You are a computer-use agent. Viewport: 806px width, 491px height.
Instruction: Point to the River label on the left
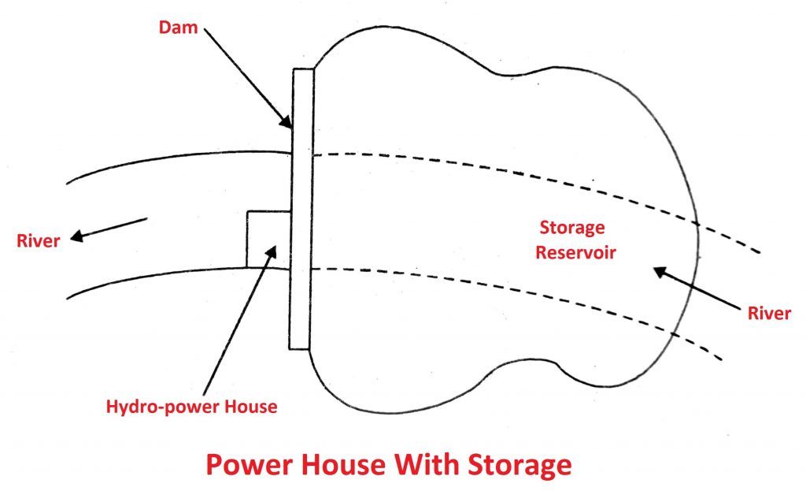click(39, 240)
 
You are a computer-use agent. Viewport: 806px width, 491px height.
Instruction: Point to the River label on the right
click(769, 313)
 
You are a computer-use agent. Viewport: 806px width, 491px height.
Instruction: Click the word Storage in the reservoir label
click(571, 228)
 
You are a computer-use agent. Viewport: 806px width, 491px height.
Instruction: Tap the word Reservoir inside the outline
click(571, 255)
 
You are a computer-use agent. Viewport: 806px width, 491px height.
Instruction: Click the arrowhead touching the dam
click(288, 121)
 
